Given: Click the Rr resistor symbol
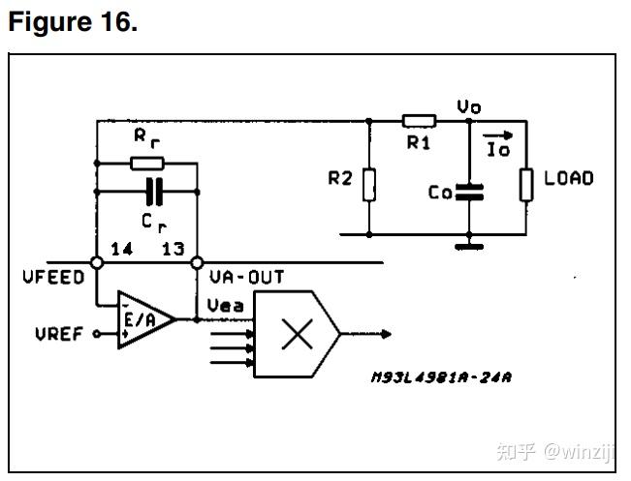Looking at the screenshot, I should pyautogui.click(x=147, y=163).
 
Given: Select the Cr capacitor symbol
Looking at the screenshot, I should pyautogui.click(x=149, y=191).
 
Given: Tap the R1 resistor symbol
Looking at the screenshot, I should pyautogui.click(x=419, y=121).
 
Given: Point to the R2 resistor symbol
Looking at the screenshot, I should pyautogui.click(x=369, y=183).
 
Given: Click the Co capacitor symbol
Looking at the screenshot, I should pyautogui.click(x=469, y=192).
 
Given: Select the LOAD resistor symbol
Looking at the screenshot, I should pyautogui.click(x=526, y=183).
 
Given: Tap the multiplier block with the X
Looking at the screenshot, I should pyautogui.click(x=296, y=335).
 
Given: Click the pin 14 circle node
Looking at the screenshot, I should pyautogui.click(x=98, y=262).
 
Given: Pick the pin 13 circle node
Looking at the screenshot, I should pyautogui.click(x=197, y=262).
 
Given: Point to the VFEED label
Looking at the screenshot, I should pyautogui.click(x=52, y=278).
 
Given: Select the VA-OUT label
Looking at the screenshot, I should pyautogui.click(x=247, y=278).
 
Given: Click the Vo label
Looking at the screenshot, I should pyautogui.click(x=469, y=106).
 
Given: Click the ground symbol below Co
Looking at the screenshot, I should pyautogui.click(x=469, y=245).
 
